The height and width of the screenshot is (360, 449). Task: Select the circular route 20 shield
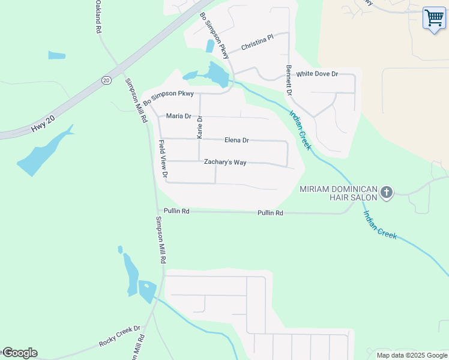[x=106, y=80]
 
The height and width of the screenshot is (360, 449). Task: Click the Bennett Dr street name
[x=289, y=80]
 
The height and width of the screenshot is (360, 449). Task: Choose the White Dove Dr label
[x=318, y=74]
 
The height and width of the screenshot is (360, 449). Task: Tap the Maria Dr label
[x=178, y=116]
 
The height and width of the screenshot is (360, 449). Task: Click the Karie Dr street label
[x=200, y=127]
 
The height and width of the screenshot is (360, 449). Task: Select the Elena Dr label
[x=237, y=140]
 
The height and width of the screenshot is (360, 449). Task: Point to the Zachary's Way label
[x=225, y=162]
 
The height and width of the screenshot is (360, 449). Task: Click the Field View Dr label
[x=162, y=159]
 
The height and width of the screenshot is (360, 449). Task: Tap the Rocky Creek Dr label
[x=119, y=337]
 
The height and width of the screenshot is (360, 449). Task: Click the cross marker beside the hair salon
[x=387, y=193]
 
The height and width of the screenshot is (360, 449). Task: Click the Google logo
[x=20, y=353]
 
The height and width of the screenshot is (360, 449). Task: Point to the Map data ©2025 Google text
[x=412, y=355]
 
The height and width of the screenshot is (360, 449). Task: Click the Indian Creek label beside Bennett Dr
[x=300, y=130]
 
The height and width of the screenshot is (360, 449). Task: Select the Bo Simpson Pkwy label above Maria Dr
[x=168, y=98]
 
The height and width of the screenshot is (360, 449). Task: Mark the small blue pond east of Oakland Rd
[x=56, y=55]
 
